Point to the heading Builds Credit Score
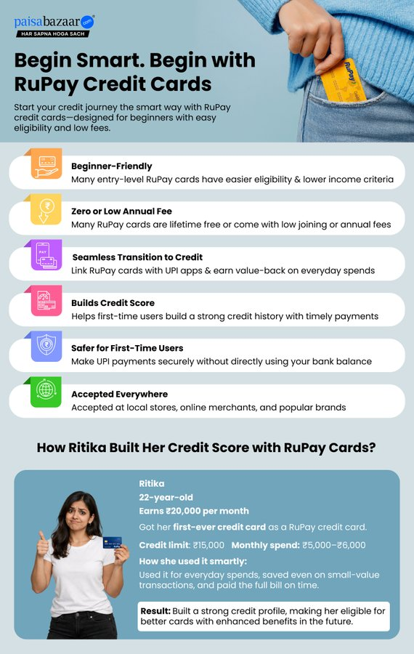pyautogui.click(x=113, y=303)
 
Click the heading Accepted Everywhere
pyautogui.click(x=119, y=395)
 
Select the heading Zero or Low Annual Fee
pyautogui.click(x=121, y=211)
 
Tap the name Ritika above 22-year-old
pyautogui.click(x=152, y=483)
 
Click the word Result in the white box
pyautogui.click(x=155, y=611)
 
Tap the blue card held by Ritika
pyautogui.click(x=111, y=542)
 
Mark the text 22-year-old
pyautogui.click(x=166, y=498)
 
